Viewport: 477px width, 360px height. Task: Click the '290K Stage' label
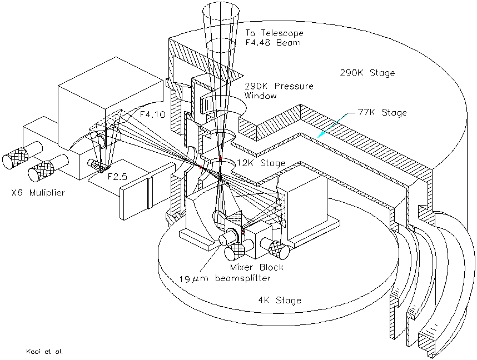tap(367, 73)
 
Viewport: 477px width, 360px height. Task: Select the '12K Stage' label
tap(260, 163)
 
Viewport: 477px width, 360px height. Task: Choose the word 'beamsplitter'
tap(241, 279)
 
